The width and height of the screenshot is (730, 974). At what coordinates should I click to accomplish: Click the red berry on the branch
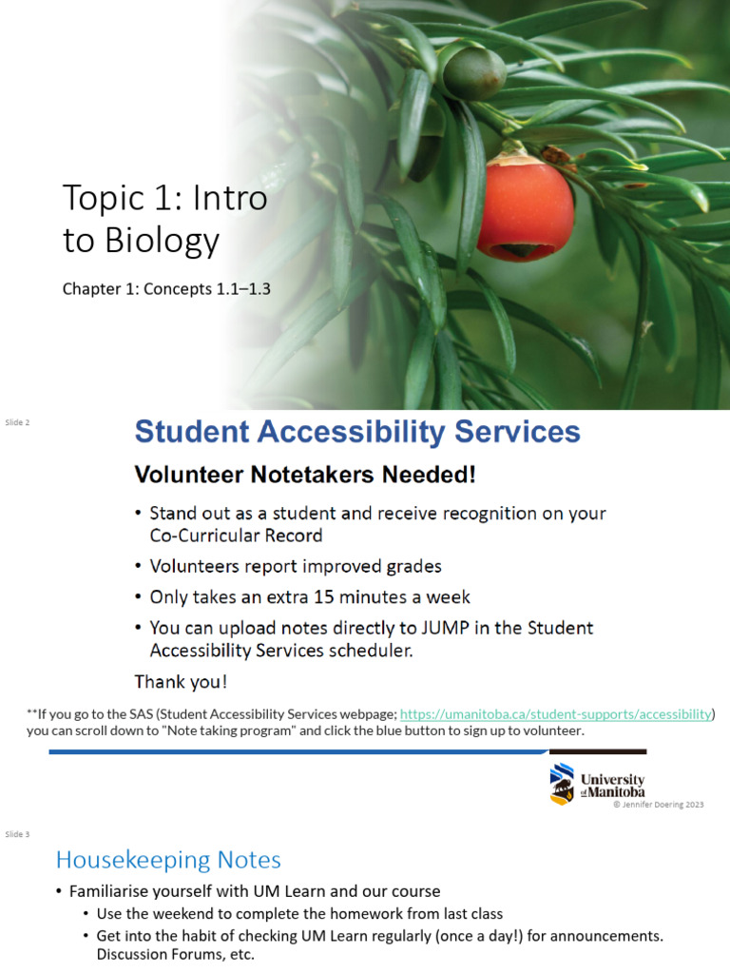[x=525, y=209]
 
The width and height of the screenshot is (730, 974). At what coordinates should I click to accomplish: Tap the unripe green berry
[x=474, y=74]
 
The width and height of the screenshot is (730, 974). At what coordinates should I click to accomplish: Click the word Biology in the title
[x=163, y=241]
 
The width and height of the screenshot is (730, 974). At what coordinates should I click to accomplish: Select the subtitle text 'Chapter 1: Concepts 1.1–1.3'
[x=166, y=289]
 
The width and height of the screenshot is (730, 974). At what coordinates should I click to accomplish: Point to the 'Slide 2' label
[x=17, y=422]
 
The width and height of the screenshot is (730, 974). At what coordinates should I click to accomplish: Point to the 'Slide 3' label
[x=17, y=834]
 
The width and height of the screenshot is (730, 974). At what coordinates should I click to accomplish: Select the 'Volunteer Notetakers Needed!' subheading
[x=305, y=475]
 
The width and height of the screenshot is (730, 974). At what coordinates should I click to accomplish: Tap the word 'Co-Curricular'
[x=205, y=536]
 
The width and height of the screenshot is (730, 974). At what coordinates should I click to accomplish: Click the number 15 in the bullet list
[x=324, y=597]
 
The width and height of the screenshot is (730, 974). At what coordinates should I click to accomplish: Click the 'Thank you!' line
[x=181, y=682]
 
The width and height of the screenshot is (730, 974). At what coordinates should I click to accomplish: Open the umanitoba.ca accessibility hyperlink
[x=555, y=714]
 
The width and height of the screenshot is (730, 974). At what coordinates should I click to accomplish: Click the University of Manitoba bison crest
[x=563, y=784]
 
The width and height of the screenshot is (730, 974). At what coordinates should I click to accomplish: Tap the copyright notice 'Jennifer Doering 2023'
[x=659, y=805]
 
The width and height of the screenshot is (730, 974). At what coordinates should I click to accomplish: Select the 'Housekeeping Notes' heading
[x=168, y=860]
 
